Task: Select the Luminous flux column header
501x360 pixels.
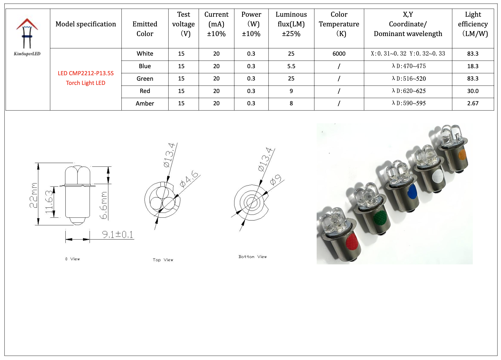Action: click(x=291, y=24)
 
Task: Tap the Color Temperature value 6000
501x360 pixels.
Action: click(x=339, y=54)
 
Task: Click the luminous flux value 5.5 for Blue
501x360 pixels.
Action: click(x=291, y=66)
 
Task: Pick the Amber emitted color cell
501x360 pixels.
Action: click(x=145, y=103)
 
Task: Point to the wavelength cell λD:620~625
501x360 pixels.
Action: click(x=408, y=91)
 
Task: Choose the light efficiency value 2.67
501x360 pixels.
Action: click(x=473, y=103)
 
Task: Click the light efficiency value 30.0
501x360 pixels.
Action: click(x=473, y=91)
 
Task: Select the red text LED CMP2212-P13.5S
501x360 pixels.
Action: click(x=86, y=73)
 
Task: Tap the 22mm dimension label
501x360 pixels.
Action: click(x=33, y=195)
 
